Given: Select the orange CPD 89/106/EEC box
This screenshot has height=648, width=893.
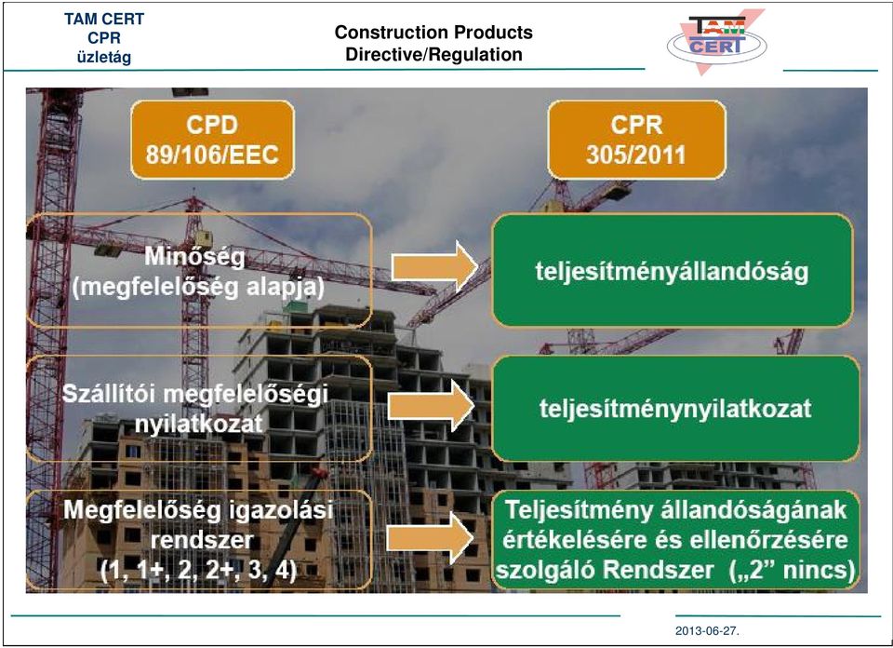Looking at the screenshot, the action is pos(212,140).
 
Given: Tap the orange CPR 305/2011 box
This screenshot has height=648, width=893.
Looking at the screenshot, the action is pos(636,140).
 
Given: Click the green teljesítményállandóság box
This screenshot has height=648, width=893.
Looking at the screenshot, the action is pos(672,270).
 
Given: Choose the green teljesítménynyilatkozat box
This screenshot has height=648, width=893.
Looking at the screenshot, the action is pos(675,408).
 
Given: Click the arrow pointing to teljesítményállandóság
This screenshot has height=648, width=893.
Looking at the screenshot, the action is pos(434,266).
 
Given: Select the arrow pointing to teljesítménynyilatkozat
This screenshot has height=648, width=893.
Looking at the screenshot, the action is pos(431,406).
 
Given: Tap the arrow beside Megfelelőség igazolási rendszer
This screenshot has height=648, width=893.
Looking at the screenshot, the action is pos(430,538).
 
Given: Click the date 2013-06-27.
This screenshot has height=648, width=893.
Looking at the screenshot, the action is pos(707,631).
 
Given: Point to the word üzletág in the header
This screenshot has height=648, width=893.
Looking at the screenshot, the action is pos(104,57).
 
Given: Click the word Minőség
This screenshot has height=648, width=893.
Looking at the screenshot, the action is pos(194,256).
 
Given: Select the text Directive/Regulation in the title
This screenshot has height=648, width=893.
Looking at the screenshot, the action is pos(434,54).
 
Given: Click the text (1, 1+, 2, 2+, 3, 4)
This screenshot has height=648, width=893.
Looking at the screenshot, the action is pos(199,570).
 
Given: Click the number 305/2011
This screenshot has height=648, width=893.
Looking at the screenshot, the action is pos(636,155).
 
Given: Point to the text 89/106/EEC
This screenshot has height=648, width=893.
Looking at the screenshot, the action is pos(212,155).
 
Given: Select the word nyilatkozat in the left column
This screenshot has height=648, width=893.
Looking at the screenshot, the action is pos(199,424).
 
